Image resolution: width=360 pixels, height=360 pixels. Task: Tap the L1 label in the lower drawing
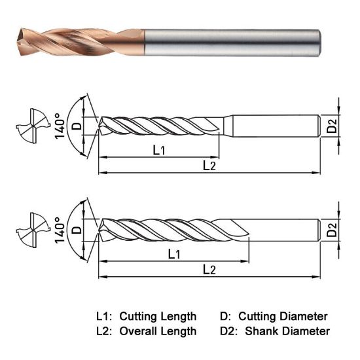(175, 253)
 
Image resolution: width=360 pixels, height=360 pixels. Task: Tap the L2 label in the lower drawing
(209, 269)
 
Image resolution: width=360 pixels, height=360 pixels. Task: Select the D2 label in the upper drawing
(333, 126)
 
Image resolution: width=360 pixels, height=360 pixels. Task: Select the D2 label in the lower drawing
(333, 228)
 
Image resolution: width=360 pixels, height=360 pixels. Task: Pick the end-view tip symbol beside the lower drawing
(31, 229)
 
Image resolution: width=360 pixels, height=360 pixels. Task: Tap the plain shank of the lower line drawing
(285, 229)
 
